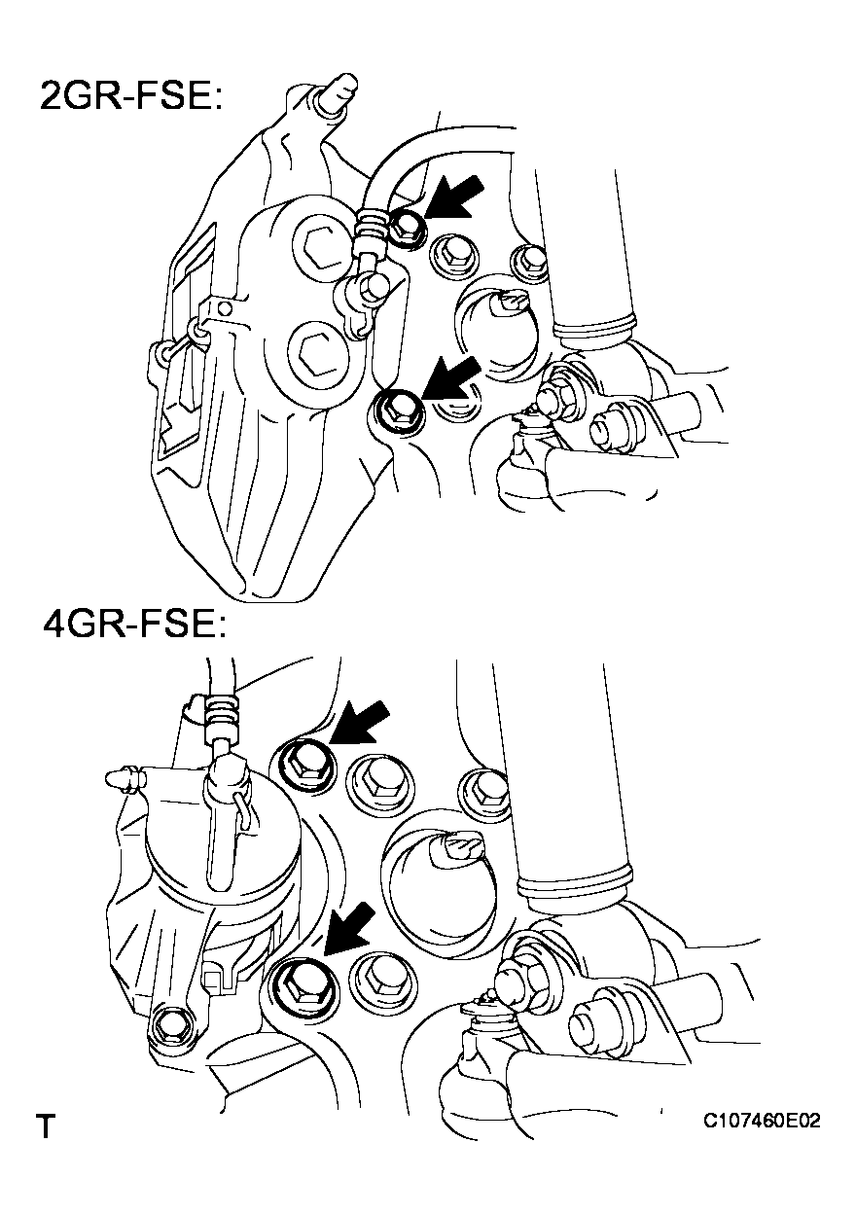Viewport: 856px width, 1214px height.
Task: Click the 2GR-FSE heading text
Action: [131, 96]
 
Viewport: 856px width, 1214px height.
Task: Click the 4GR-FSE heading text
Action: [133, 623]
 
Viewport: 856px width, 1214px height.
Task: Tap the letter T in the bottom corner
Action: [45, 1128]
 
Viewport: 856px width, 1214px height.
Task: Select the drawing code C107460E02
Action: [763, 1122]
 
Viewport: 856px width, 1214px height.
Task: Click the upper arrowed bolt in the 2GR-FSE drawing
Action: [408, 228]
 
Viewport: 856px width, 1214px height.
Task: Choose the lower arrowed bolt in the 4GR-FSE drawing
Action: [299, 982]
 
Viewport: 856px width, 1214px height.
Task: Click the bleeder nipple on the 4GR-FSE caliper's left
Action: [121, 777]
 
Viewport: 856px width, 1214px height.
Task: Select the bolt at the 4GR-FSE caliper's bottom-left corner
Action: [172, 1022]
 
